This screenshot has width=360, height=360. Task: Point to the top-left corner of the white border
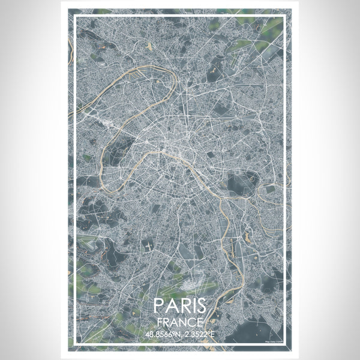(74, 17)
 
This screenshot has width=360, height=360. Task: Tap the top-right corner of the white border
(285, 17)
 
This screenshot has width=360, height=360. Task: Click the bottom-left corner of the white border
(74, 344)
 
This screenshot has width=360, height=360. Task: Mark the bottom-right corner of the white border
(285, 344)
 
